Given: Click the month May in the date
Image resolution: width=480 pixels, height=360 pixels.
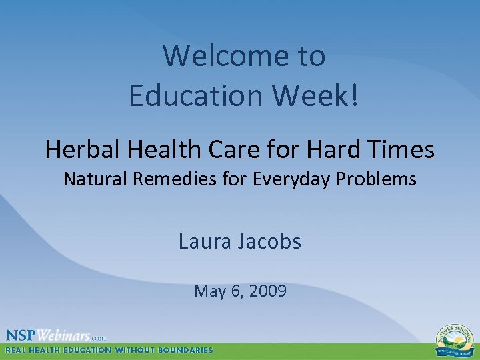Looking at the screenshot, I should pyautogui.click(x=207, y=291).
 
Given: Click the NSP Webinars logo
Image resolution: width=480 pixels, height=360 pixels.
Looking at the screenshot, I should pyautogui.click(x=56, y=335).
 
